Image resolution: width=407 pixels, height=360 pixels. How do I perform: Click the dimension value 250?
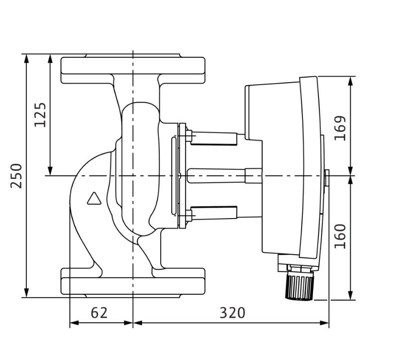click(x=16, y=176)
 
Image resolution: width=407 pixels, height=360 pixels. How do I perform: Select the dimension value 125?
click(x=40, y=115)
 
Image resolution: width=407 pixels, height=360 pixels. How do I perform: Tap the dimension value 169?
click(x=340, y=128)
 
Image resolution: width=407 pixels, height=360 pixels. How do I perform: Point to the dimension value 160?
click(x=340, y=236)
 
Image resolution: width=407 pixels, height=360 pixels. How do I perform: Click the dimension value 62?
click(x=99, y=313)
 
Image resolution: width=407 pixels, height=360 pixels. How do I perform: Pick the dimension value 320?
click(x=232, y=313)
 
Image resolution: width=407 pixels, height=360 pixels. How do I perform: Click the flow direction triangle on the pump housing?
click(x=94, y=199)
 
